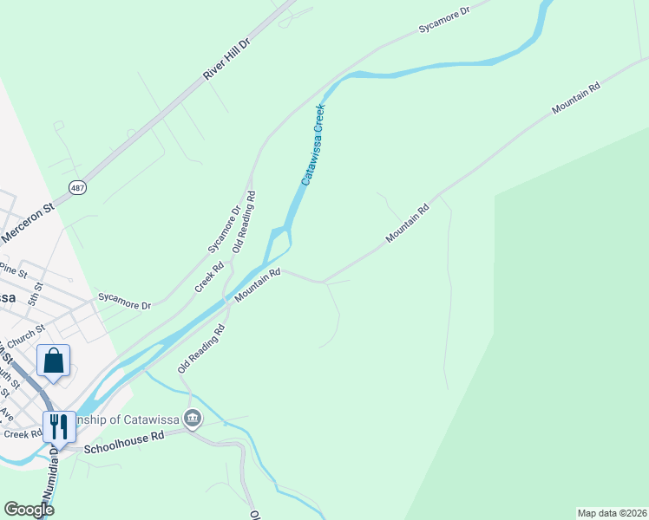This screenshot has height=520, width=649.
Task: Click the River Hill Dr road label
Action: (x=226, y=59)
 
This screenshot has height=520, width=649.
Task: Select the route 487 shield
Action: (x=78, y=186)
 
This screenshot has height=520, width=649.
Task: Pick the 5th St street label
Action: (x=35, y=292)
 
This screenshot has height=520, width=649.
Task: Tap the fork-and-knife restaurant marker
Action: (x=59, y=426)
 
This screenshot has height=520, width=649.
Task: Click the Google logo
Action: (x=29, y=510)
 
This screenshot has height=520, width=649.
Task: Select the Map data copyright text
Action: (x=612, y=513)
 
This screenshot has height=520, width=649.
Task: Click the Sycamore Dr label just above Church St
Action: (x=124, y=301)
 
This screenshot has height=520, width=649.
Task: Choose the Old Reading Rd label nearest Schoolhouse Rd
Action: (x=201, y=348)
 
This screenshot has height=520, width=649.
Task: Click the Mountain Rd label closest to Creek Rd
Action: (x=258, y=285)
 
